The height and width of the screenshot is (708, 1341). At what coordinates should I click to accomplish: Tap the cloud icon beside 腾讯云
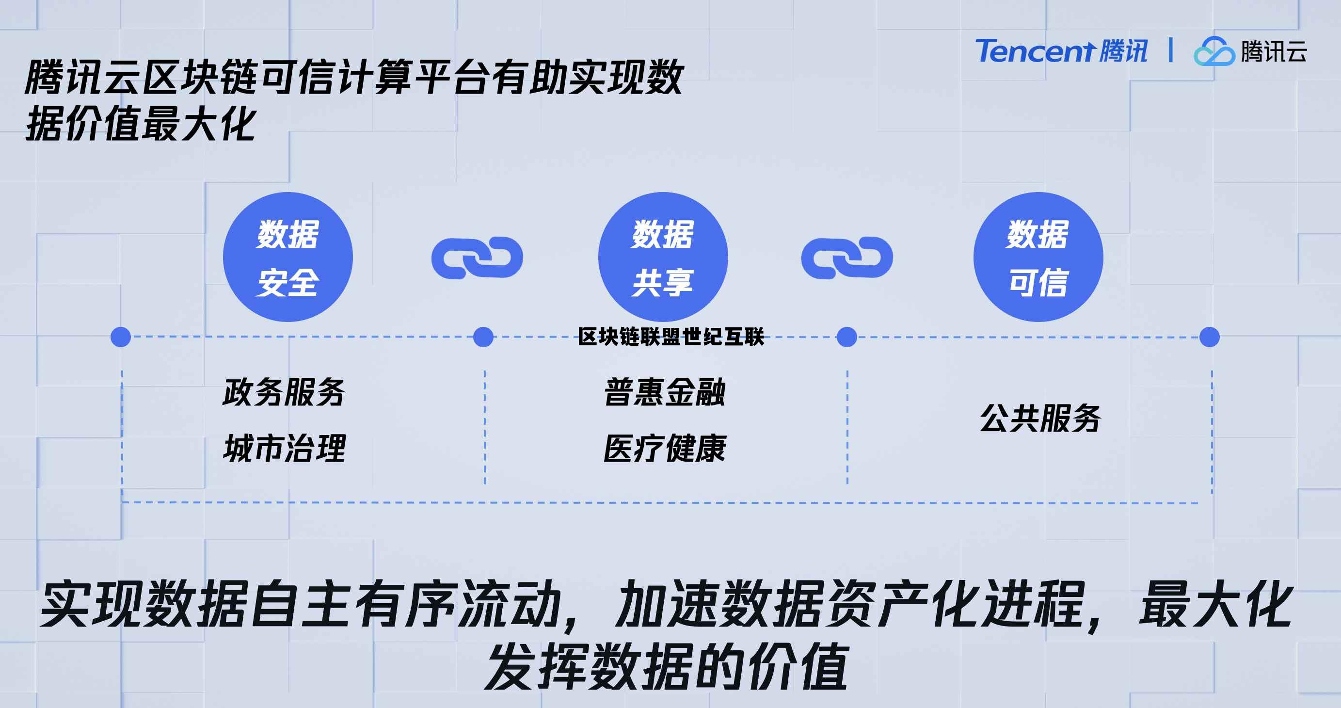[1214, 51]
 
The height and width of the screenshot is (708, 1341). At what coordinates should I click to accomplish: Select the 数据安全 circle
[288, 257]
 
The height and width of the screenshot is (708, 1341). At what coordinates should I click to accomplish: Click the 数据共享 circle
[663, 257]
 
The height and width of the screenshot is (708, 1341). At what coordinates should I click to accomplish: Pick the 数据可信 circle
[1038, 257]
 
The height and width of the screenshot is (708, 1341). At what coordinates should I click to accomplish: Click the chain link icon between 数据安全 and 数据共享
[477, 257]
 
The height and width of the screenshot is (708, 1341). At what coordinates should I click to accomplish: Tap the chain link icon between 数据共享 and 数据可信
[847, 257]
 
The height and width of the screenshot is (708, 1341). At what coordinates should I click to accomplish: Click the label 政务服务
[284, 392]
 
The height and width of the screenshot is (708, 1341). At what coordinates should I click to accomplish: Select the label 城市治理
[284, 448]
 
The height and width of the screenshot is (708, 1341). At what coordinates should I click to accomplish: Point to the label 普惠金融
[665, 392]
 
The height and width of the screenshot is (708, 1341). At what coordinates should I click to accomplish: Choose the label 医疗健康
[665, 448]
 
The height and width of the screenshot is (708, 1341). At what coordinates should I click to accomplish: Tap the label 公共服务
[1040, 418]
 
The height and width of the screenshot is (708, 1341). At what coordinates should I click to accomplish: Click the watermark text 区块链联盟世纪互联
[671, 337]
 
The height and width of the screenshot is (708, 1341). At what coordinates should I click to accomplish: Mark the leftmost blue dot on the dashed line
[121, 337]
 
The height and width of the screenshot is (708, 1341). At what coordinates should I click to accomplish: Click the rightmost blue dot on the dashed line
[1209, 337]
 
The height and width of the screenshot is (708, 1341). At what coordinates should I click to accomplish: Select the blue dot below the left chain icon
[483, 337]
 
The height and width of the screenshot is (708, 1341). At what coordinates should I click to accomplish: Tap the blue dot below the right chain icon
[846, 337]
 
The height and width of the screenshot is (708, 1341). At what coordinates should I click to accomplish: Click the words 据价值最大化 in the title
[141, 124]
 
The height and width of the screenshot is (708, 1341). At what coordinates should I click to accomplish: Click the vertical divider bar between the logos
[1171, 50]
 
